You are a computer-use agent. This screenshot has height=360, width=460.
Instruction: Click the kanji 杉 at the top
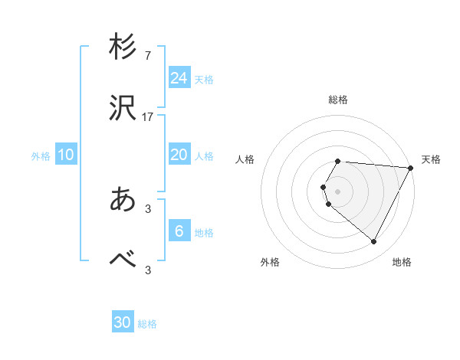click(123, 47)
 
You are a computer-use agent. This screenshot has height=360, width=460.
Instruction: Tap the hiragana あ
click(123, 200)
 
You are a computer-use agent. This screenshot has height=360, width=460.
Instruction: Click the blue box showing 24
click(179, 78)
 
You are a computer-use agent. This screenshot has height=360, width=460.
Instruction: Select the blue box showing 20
click(179, 155)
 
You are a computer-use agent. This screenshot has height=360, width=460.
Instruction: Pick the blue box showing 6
click(179, 231)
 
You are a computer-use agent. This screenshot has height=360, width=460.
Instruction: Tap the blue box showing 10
click(66, 155)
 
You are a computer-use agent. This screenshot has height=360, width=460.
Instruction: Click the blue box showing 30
click(123, 323)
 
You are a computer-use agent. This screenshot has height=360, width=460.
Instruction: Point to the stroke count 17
click(148, 118)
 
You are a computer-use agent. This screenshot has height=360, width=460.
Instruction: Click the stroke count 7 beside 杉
click(148, 55)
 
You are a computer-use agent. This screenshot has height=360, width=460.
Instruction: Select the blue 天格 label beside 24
click(204, 80)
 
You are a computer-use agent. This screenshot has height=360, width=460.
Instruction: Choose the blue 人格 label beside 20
click(204, 156)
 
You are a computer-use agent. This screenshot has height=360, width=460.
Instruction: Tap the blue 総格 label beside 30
click(147, 325)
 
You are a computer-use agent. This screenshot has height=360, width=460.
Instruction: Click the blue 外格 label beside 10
click(41, 156)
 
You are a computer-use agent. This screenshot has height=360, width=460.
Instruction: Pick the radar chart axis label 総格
click(338, 100)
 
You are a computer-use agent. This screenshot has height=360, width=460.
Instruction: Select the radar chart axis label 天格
click(431, 159)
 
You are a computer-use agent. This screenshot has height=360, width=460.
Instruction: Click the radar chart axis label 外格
click(270, 262)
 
